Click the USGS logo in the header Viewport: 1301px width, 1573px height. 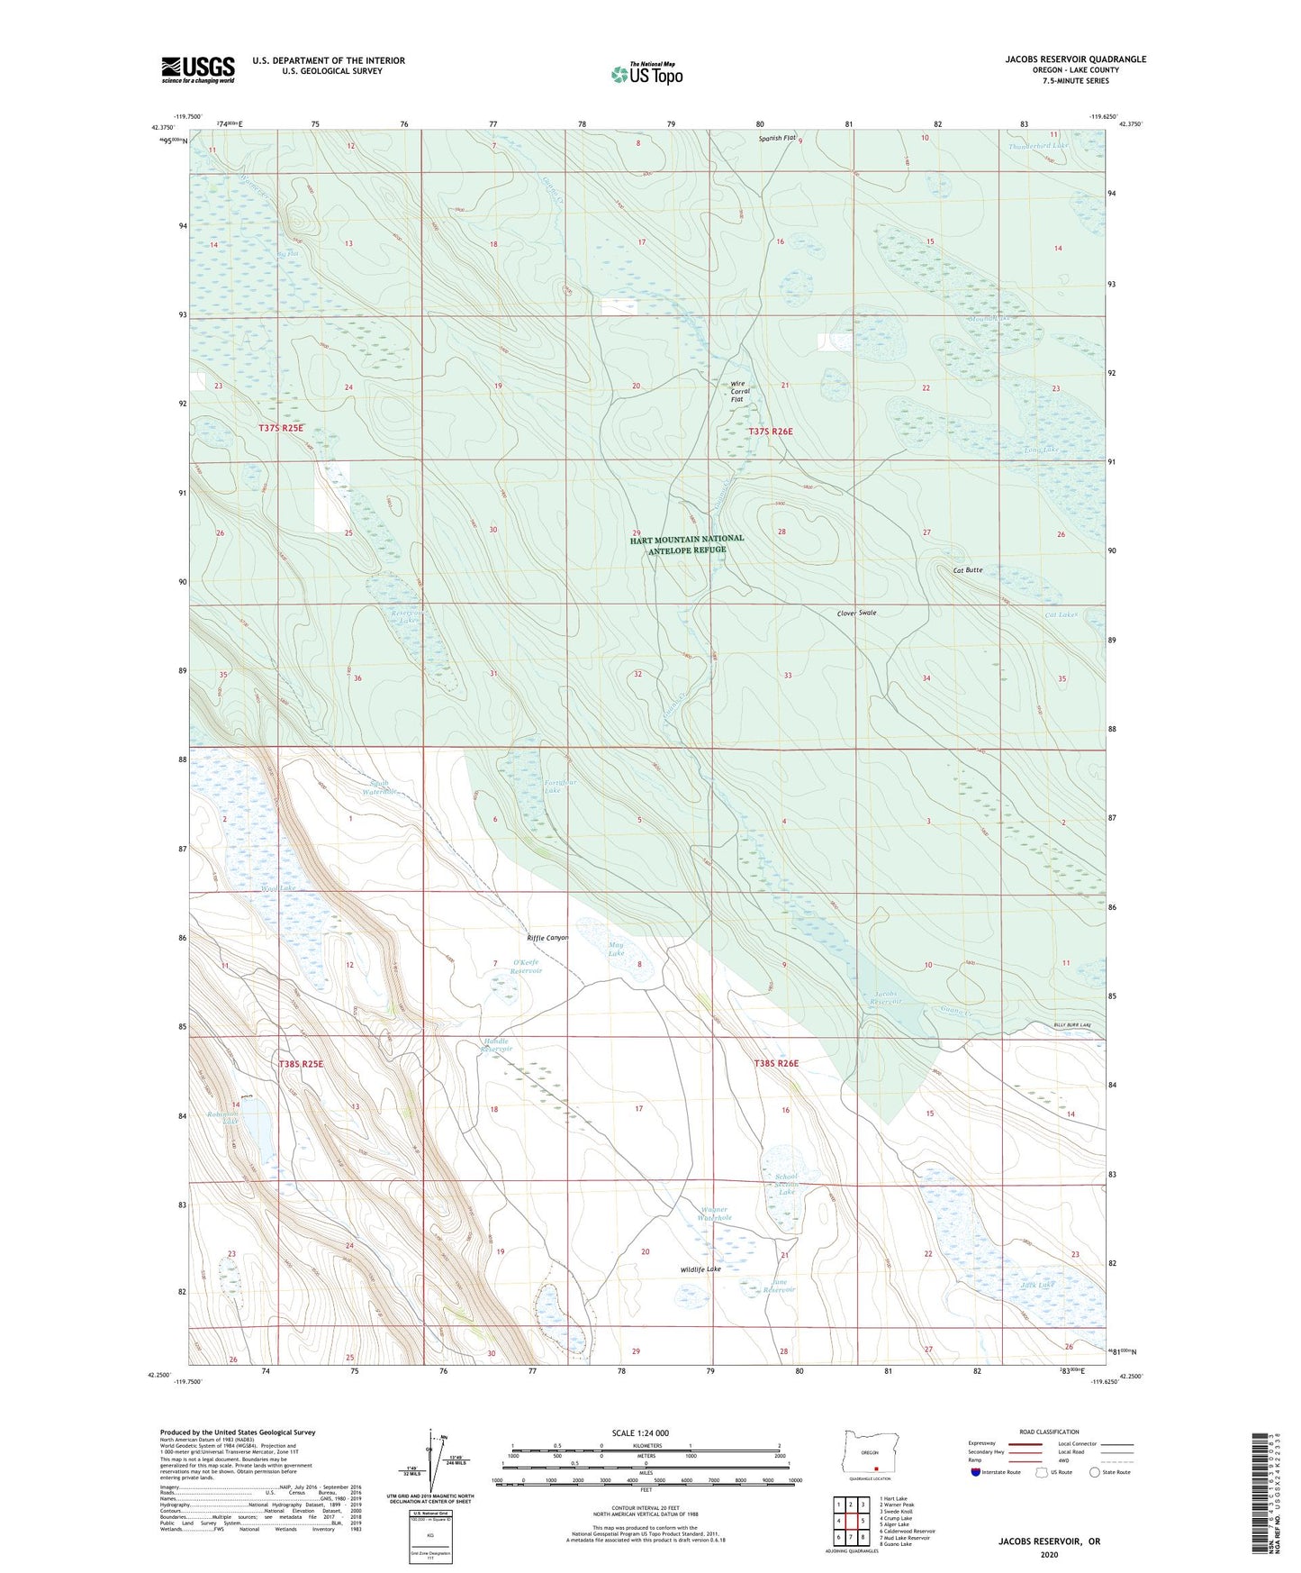coord(198,69)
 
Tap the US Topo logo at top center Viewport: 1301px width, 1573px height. coord(646,73)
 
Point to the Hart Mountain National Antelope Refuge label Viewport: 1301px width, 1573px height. coord(687,543)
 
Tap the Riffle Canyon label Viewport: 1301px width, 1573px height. coord(547,938)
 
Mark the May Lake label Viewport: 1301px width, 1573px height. coord(616,948)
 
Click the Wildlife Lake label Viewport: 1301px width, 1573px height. coord(700,1269)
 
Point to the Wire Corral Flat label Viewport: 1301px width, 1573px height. coord(739,392)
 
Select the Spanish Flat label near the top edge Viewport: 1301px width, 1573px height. coord(776,138)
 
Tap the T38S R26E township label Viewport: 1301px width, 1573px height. coord(776,1063)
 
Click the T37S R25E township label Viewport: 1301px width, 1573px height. coord(281,429)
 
